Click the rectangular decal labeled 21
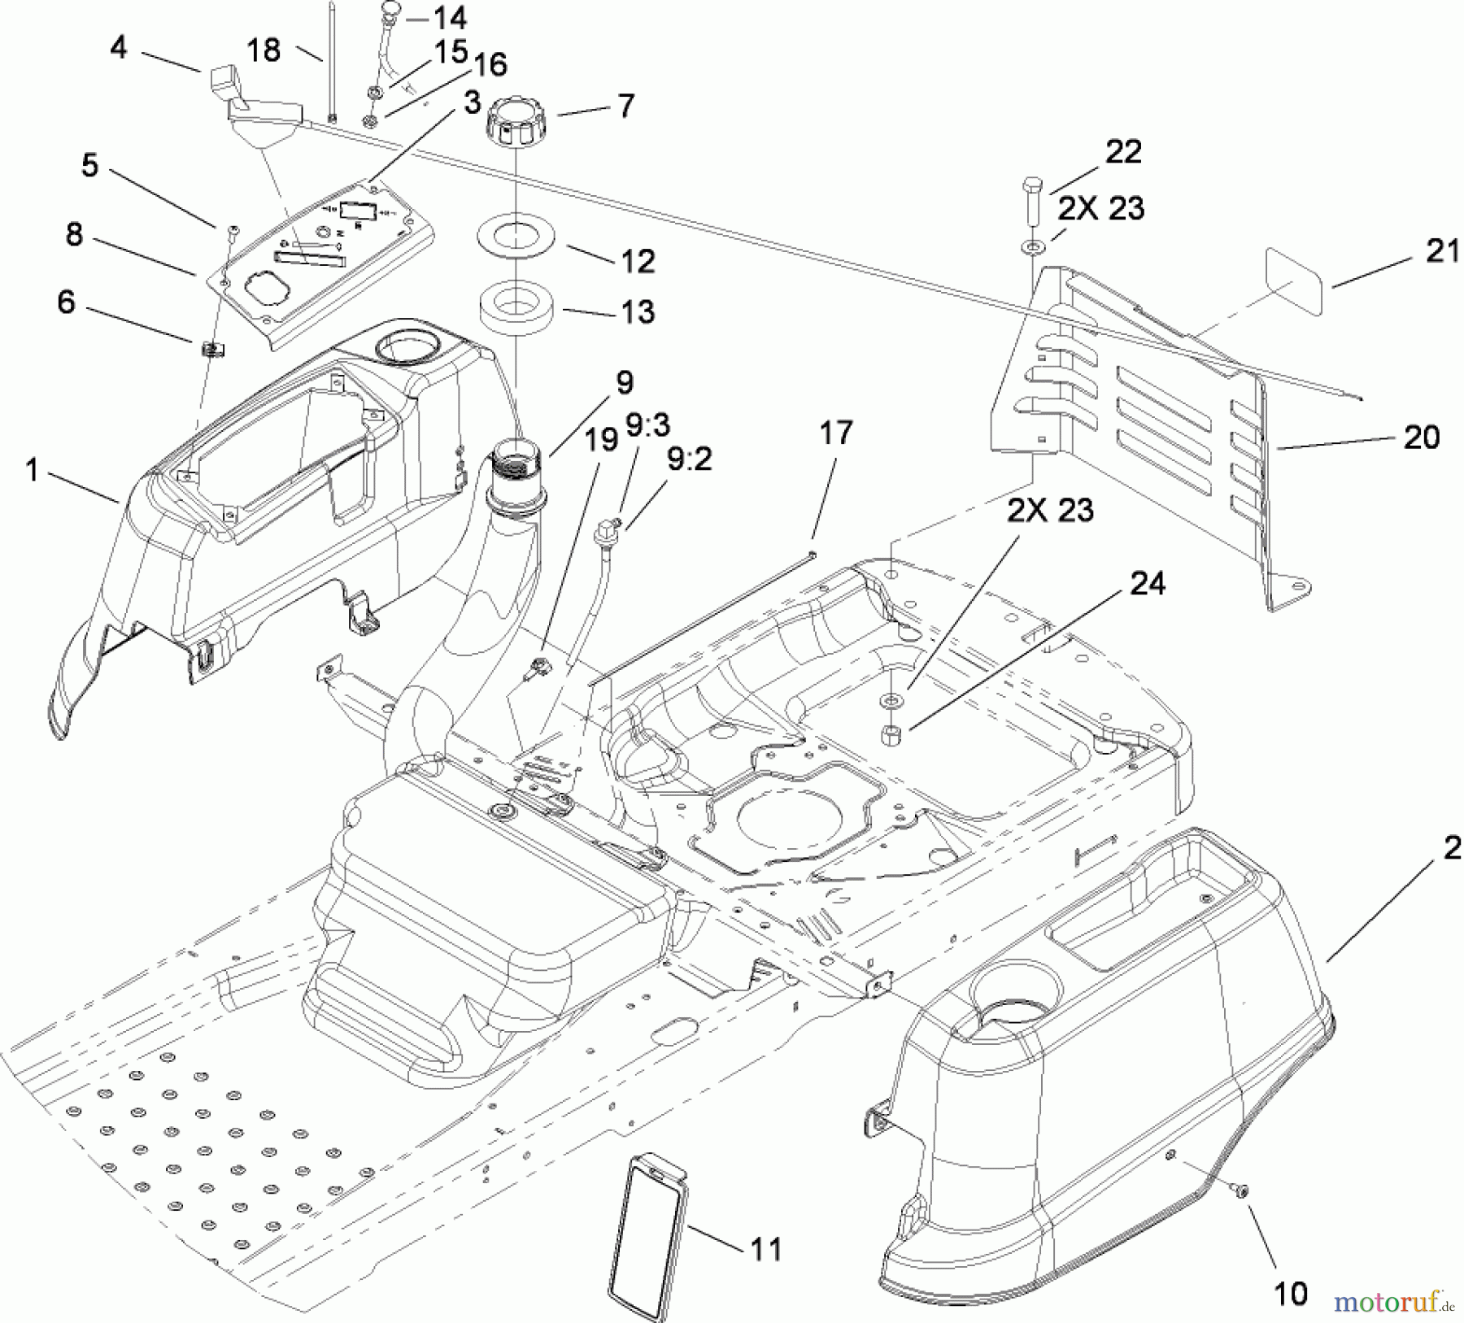(1294, 281)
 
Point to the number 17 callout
(835, 433)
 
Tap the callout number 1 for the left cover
(32, 469)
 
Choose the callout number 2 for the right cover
(1451, 849)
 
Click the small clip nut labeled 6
(211, 350)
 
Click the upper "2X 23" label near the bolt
(1100, 209)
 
